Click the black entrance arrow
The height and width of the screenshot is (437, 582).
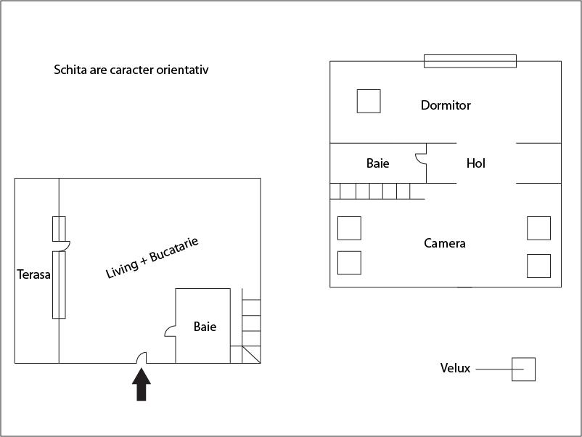pyautogui.click(x=142, y=384)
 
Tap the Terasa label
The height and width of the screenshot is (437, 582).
pyautogui.click(x=34, y=274)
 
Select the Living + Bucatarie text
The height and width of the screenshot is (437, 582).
pyautogui.click(x=152, y=258)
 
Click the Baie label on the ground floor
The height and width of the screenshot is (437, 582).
pyautogui.click(x=205, y=327)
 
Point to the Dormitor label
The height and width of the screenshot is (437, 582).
pyautogui.click(x=446, y=105)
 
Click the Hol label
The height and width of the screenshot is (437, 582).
pyautogui.click(x=476, y=163)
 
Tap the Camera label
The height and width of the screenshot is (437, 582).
pyautogui.click(x=445, y=243)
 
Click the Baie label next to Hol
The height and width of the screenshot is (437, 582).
pyautogui.click(x=378, y=163)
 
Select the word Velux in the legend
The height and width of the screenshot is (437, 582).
pyautogui.click(x=455, y=368)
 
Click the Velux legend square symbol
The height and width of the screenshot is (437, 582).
pyautogui.click(x=523, y=369)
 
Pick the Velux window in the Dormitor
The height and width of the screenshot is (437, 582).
pyautogui.click(x=369, y=101)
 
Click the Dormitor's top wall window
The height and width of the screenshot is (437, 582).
pyautogui.click(x=470, y=61)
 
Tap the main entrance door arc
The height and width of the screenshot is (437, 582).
pyautogui.click(x=142, y=358)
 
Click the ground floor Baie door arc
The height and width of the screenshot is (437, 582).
pyautogui.click(x=170, y=332)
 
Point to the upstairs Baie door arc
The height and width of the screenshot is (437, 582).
pyautogui.click(x=421, y=158)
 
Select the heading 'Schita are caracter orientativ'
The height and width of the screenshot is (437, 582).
pyautogui.click(x=131, y=70)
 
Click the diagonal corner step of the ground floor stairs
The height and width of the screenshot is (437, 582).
pyautogui.click(x=251, y=354)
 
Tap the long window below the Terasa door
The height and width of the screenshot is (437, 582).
pyautogui.click(x=59, y=285)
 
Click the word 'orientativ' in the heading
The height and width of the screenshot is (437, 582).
pyautogui.click(x=182, y=70)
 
